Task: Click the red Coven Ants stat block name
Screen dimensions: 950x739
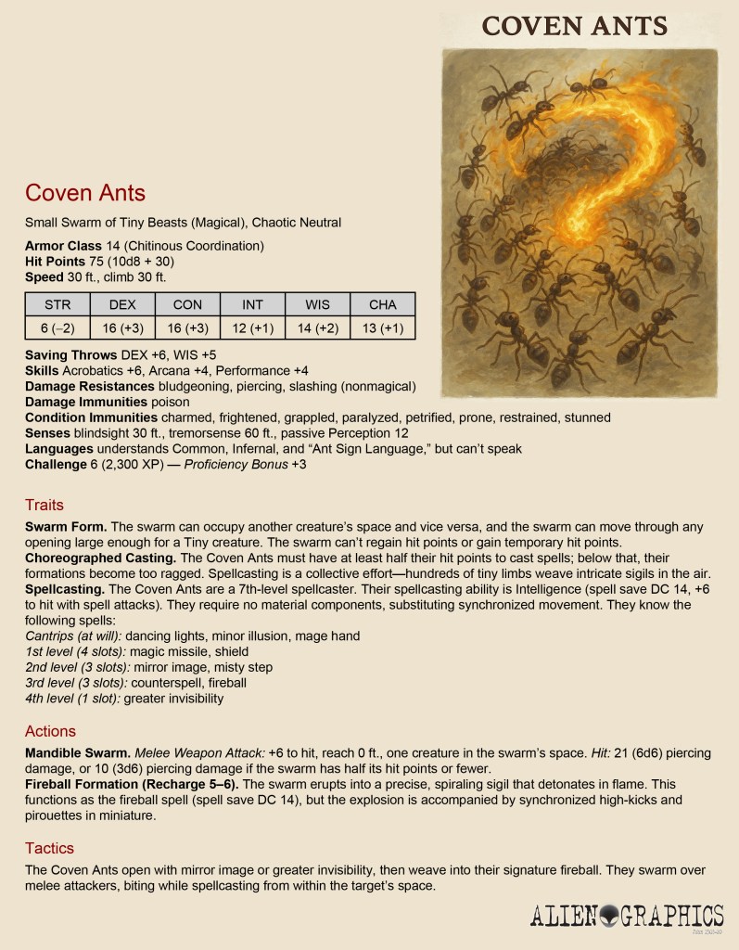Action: [x=85, y=193]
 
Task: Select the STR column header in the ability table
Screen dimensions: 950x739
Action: [x=57, y=304]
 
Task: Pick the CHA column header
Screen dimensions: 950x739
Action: [x=382, y=304]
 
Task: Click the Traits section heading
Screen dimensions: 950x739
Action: [x=45, y=505]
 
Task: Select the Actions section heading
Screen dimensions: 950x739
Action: [x=50, y=731]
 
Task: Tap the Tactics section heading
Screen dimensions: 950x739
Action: [x=49, y=848]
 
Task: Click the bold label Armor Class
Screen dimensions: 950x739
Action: [x=63, y=246]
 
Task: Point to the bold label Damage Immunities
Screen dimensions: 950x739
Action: [x=86, y=402]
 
